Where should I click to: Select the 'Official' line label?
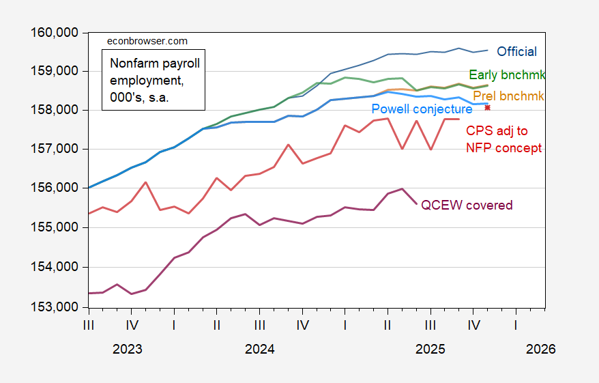coord(516,51)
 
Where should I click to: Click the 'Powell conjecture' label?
coord(422,109)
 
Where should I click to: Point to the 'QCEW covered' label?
coord(467,205)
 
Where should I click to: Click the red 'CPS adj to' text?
coord(497,131)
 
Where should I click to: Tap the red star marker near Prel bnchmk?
coord(488,107)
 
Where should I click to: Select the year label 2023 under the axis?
coord(128,349)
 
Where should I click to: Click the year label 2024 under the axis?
coord(259,349)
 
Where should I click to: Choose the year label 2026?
coord(541,349)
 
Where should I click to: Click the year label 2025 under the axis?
coord(430,349)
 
